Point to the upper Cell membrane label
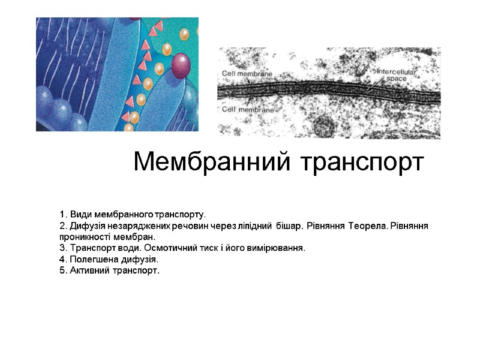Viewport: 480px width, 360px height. pyautogui.click(x=247, y=73)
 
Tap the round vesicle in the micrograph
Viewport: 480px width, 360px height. pyautogui.click(x=324, y=127)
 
